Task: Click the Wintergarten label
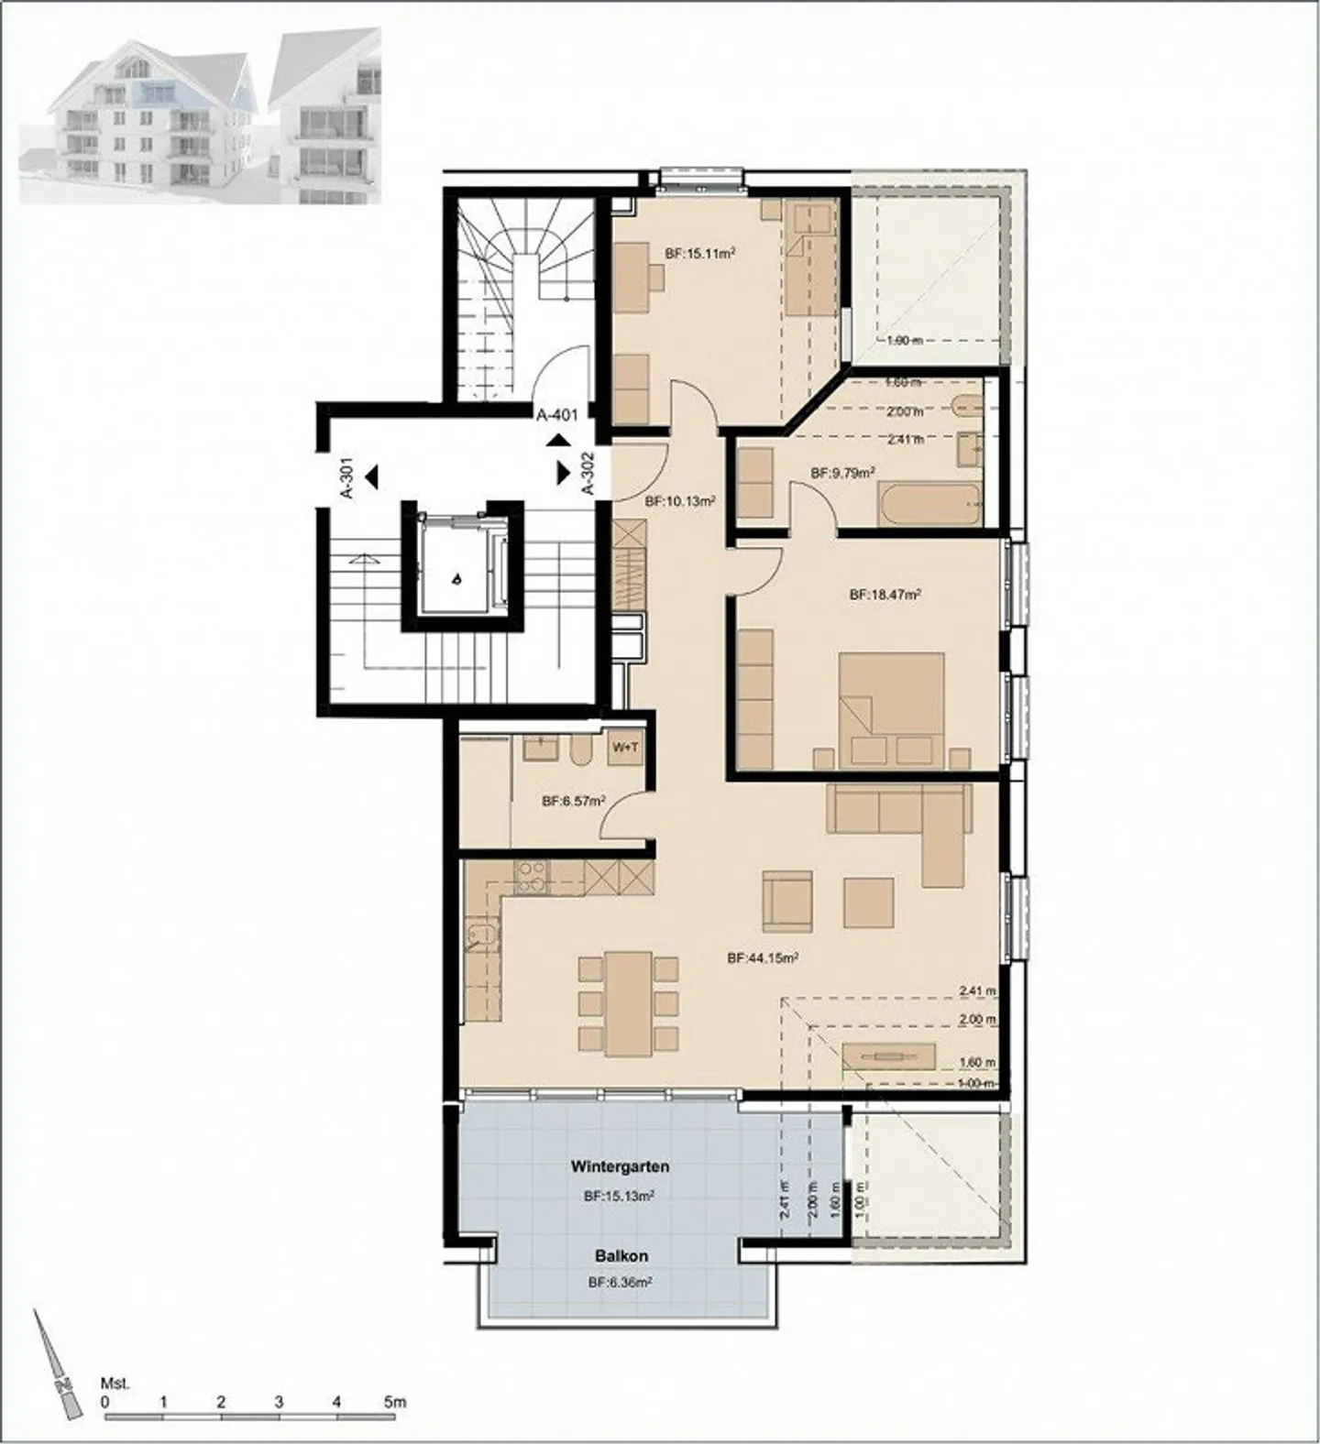(620, 1167)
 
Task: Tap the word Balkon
(620, 1256)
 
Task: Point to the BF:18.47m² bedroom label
(885, 595)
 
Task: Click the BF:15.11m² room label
(701, 254)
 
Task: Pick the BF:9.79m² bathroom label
(842, 473)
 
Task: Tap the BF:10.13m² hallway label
(679, 501)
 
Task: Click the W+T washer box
(625, 748)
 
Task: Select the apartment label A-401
(557, 415)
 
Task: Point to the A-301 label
(348, 478)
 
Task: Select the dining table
(628, 1001)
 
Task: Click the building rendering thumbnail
(200, 115)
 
